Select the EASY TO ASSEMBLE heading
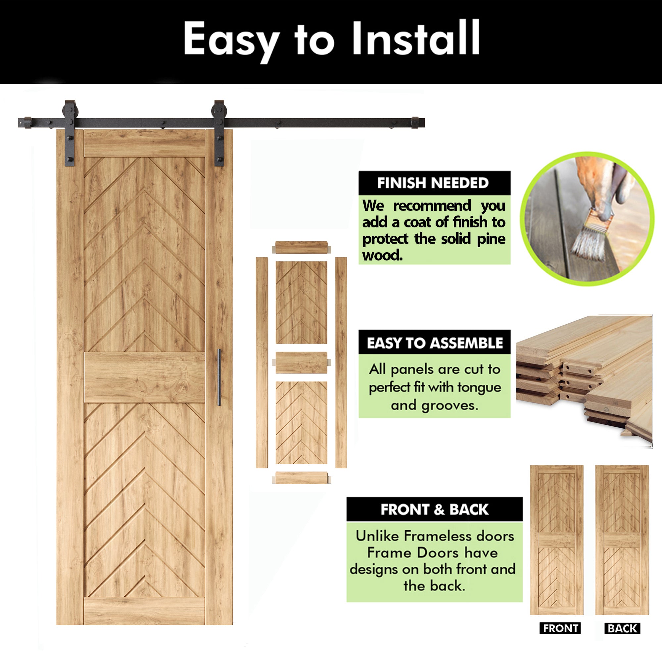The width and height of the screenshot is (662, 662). [x=435, y=343]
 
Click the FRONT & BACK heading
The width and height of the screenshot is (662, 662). [x=434, y=509]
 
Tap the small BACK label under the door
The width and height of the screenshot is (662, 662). [x=622, y=629]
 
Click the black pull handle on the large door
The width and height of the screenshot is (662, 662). [x=219, y=377]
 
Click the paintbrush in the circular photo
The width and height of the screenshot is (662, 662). [x=589, y=236]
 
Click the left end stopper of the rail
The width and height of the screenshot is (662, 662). [x=25, y=123]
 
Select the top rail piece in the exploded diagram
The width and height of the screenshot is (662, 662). [x=301, y=248]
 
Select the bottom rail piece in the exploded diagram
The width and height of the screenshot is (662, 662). [x=301, y=478]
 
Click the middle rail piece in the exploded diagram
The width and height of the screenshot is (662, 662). [x=301, y=362]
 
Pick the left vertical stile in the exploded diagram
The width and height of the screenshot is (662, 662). [x=262, y=362]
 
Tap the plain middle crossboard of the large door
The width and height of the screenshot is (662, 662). [x=144, y=377]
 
